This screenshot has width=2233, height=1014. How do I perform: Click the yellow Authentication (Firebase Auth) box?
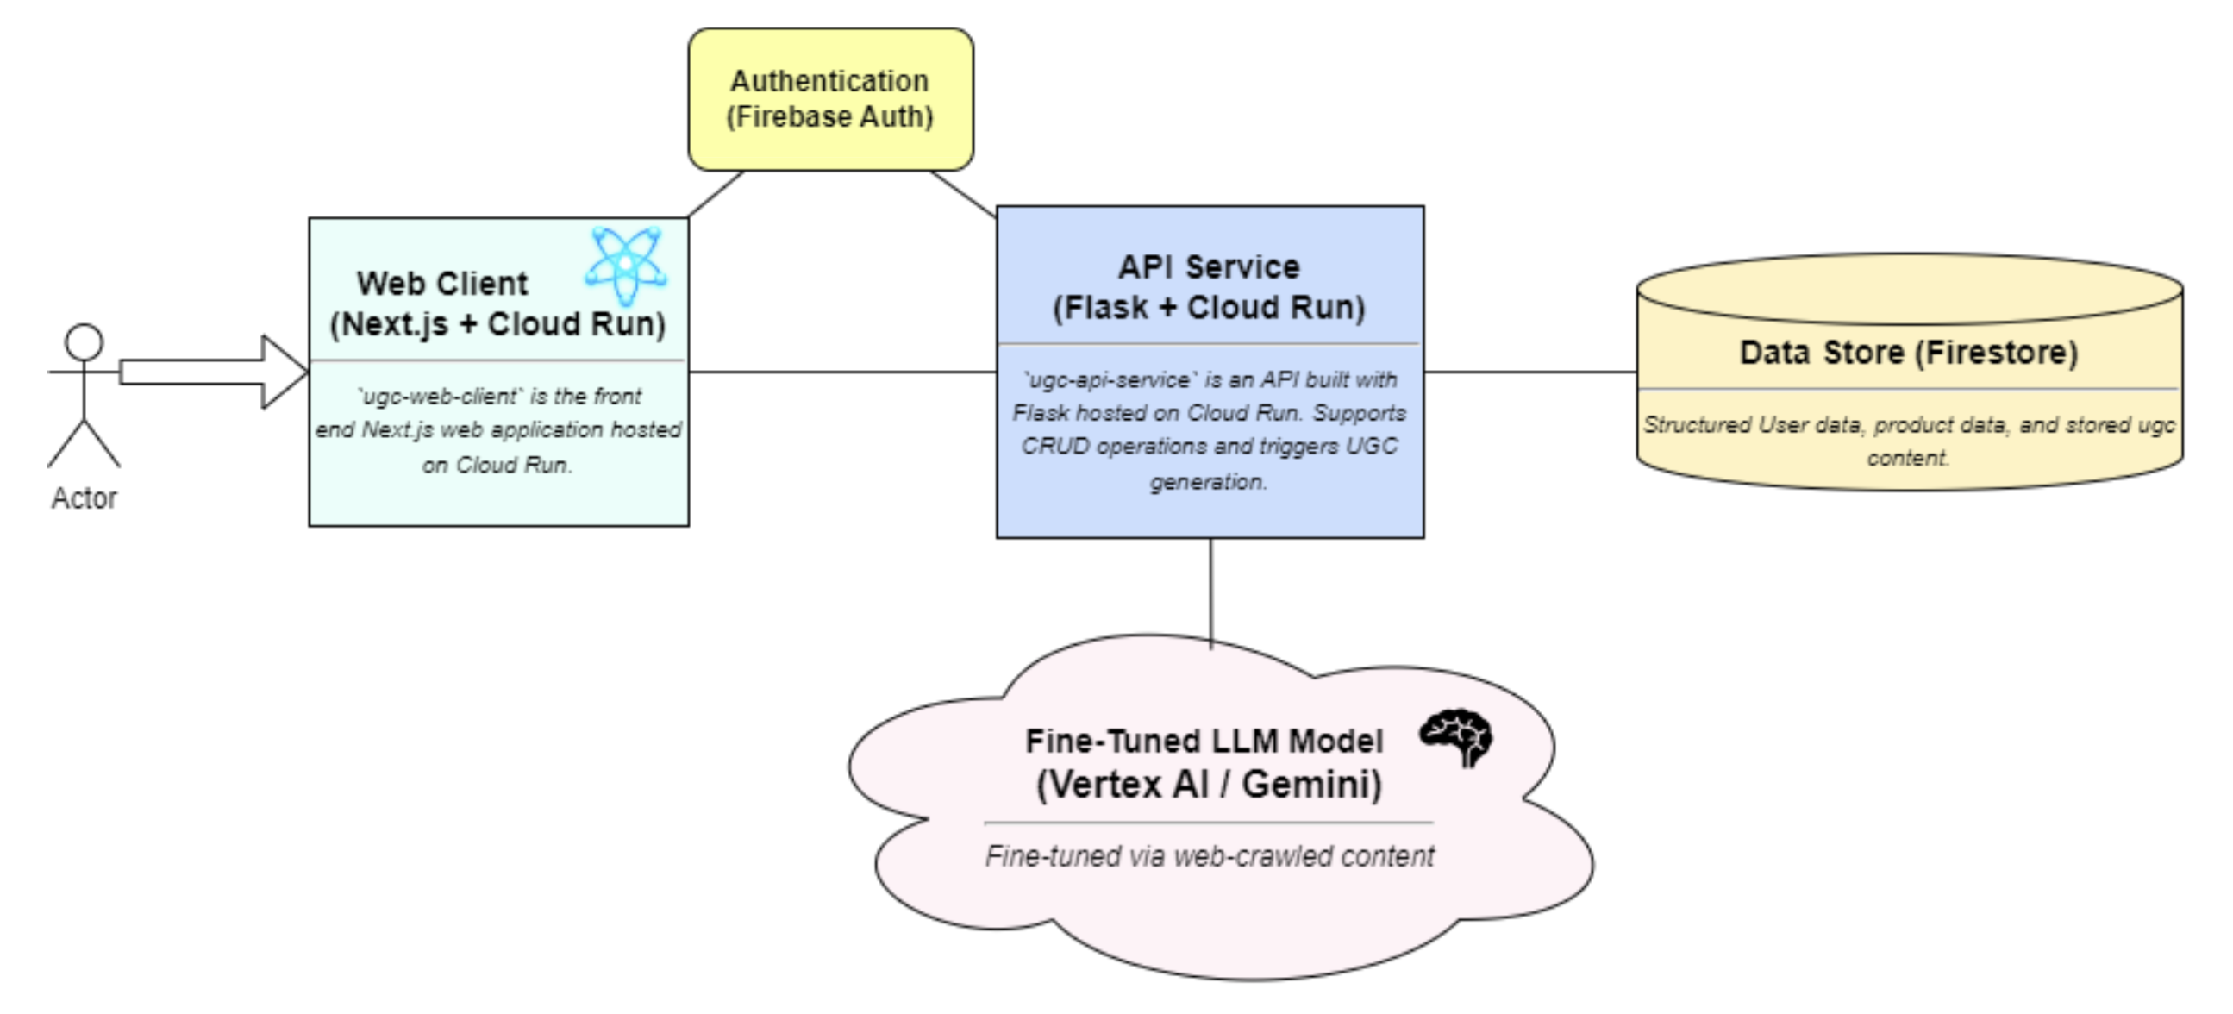(830, 99)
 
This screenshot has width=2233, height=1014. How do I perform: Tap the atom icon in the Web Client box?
(626, 265)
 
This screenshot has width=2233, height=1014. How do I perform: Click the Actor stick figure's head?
(84, 342)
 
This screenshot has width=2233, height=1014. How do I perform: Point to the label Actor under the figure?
(84, 498)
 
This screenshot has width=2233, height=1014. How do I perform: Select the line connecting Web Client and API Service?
(841, 372)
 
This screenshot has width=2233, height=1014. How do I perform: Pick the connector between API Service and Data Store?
(1530, 372)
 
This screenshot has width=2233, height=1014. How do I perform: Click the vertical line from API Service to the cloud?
(1211, 594)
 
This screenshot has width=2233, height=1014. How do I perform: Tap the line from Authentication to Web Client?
(715, 194)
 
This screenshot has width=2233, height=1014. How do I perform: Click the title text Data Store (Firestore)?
(1909, 353)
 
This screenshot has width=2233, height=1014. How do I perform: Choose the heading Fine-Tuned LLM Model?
(1204, 741)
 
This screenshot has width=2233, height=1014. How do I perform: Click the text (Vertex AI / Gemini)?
(1209, 785)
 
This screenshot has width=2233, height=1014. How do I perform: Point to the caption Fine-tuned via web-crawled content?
(1210, 856)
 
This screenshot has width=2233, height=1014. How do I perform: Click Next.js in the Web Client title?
(395, 324)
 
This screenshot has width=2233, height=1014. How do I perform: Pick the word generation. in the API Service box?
(1209, 482)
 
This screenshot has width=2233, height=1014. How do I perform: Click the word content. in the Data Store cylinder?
(1908, 459)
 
